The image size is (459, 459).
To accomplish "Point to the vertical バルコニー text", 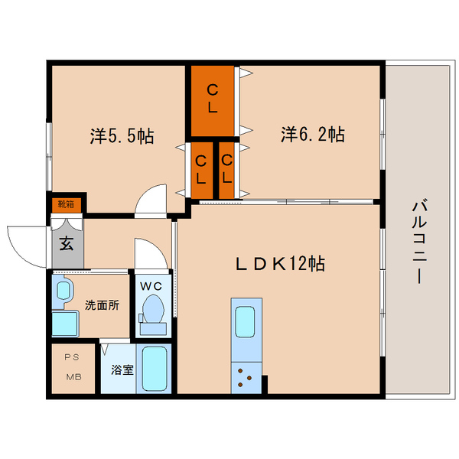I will [x=418, y=241].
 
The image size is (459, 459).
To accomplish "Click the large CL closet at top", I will [x=213, y=98].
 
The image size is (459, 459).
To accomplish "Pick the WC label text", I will [x=151, y=286].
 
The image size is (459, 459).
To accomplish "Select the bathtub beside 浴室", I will [x=155, y=369].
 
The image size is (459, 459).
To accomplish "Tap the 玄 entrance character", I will [x=67, y=245].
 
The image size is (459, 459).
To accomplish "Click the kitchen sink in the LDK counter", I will [x=245, y=322].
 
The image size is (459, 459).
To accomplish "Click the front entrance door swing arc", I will [x=24, y=245].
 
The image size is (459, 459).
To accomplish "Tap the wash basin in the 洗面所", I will [x=63, y=290].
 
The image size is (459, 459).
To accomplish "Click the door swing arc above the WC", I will [x=146, y=254].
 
